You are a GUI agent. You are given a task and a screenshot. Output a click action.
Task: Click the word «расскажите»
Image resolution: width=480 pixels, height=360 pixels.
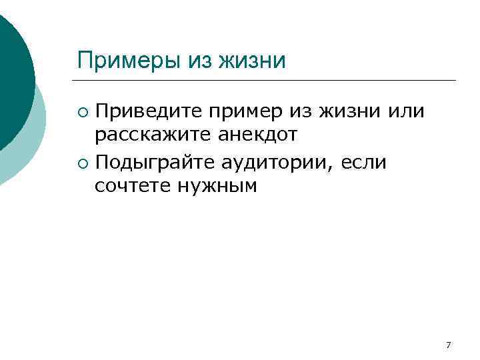point(152,135)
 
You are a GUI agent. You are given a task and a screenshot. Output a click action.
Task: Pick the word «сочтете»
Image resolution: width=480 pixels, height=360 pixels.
point(133,185)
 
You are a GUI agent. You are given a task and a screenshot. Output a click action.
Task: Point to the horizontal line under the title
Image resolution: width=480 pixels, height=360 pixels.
point(267,81)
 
